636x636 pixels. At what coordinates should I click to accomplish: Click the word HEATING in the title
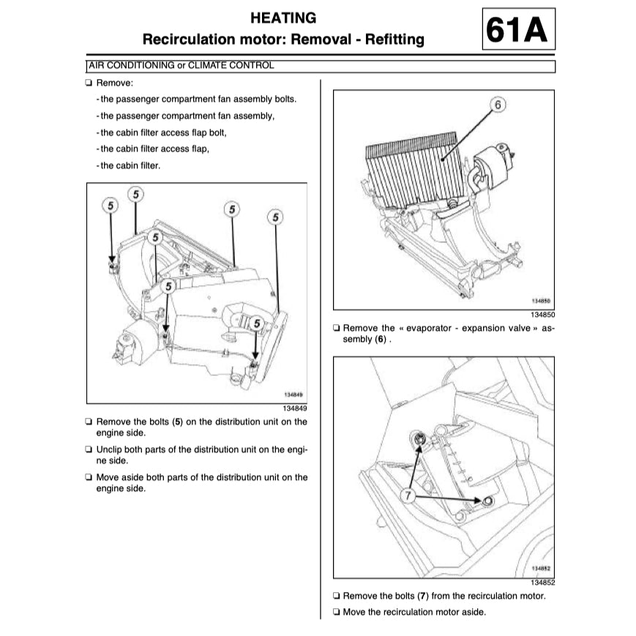[283, 18]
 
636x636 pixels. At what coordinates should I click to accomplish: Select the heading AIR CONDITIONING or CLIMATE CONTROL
[180, 66]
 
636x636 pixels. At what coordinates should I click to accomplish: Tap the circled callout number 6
[497, 105]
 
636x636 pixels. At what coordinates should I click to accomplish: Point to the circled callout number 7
[408, 495]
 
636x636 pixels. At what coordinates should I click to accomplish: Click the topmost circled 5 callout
[136, 194]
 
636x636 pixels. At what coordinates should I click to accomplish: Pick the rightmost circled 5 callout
[275, 217]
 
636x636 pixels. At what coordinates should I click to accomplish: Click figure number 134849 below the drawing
[295, 408]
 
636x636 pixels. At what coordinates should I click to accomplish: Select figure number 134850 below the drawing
[542, 315]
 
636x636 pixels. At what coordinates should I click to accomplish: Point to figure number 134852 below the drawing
[542, 583]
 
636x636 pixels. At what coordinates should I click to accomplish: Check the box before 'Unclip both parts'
[89, 449]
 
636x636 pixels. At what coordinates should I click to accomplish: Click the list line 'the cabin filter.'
[129, 165]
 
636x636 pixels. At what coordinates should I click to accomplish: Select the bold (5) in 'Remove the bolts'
[177, 422]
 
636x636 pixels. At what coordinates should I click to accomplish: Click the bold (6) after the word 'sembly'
[380, 340]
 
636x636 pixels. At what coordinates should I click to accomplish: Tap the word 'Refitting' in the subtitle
[393, 40]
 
